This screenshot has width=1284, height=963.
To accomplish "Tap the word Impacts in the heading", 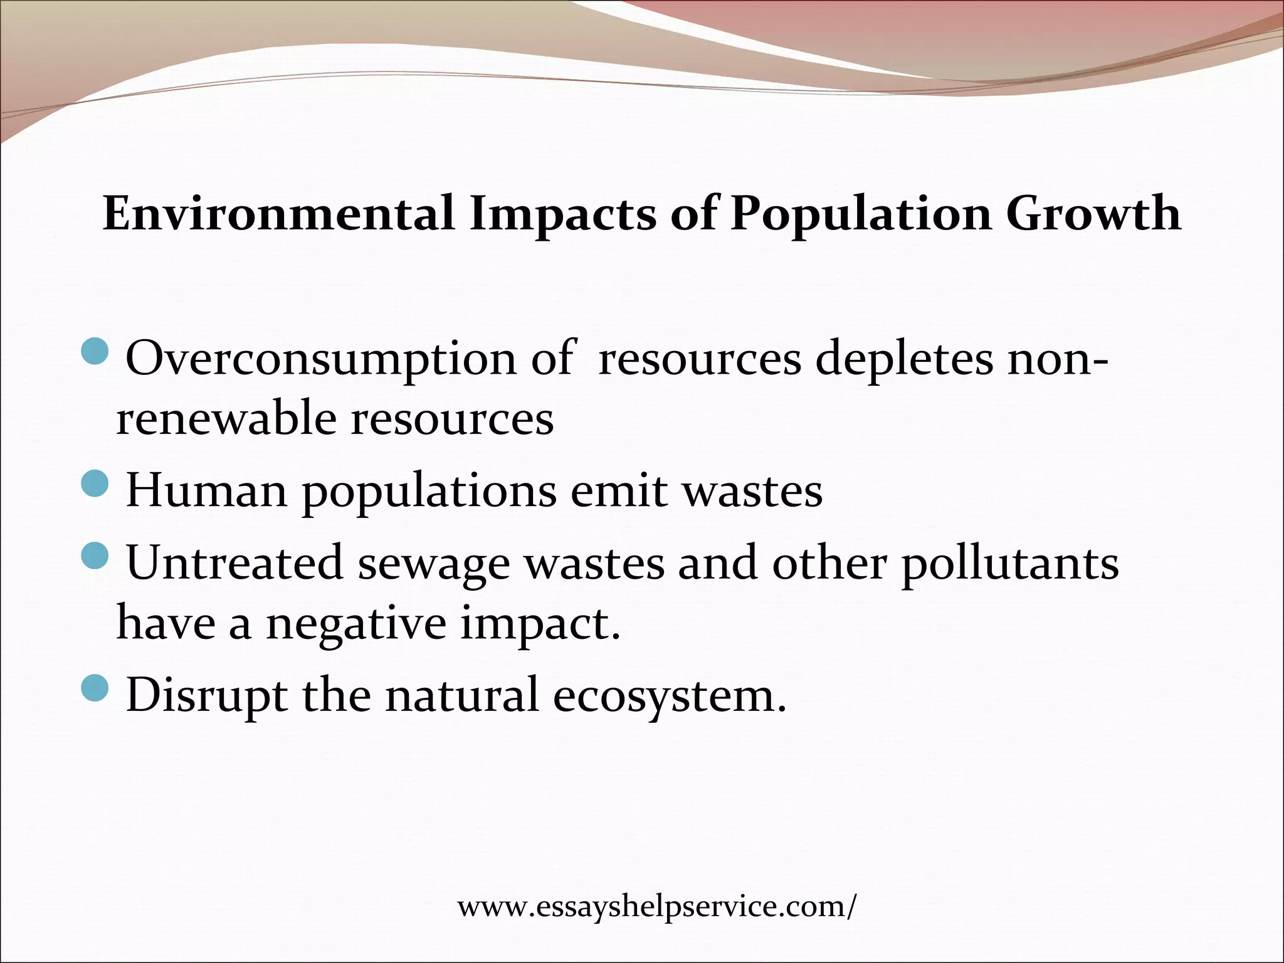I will click(562, 214).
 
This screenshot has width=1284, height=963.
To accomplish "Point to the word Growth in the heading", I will click(1094, 214).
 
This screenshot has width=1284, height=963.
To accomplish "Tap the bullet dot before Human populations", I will click(96, 483).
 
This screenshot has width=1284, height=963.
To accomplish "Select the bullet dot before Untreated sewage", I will click(96, 555).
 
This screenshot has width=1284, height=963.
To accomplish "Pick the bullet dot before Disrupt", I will click(96, 688).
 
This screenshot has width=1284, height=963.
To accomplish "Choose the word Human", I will click(207, 492).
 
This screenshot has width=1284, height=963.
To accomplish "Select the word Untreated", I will click(235, 563).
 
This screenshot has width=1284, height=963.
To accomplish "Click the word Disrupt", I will click(207, 696).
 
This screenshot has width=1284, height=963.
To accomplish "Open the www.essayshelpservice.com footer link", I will click(656, 907).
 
